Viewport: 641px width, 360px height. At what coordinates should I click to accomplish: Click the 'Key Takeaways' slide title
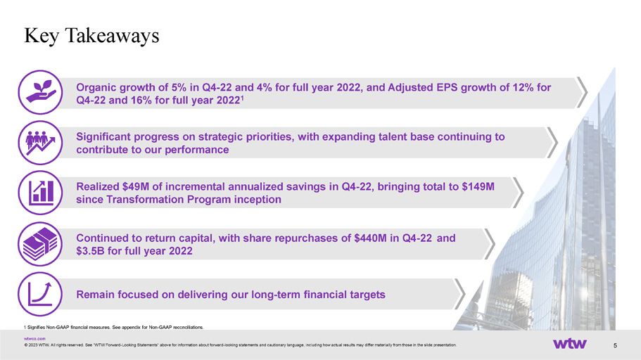coord(91,36)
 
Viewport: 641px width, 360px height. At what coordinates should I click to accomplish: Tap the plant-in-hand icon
coord(40,92)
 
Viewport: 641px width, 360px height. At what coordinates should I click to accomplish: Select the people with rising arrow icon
coord(40,143)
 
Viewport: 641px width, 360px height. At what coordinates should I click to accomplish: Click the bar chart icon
coord(40,193)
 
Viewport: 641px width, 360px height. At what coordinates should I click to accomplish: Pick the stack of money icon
coord(40,244)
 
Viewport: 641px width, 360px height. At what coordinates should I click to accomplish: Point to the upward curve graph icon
coord(40,294)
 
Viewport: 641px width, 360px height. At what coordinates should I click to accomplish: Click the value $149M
coord(478,187)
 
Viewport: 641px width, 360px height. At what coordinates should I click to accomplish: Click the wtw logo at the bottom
coord(570,344)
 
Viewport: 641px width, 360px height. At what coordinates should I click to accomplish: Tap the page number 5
coord(615,345)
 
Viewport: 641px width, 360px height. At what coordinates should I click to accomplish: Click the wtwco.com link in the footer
coord(34,339)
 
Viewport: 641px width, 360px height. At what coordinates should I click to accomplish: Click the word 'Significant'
coord(103,137)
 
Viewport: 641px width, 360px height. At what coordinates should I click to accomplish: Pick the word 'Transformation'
coord(145,200)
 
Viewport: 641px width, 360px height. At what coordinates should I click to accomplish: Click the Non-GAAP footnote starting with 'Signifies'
coord(114,327)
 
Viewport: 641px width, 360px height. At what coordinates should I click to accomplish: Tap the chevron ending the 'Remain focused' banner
coord(460,294)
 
